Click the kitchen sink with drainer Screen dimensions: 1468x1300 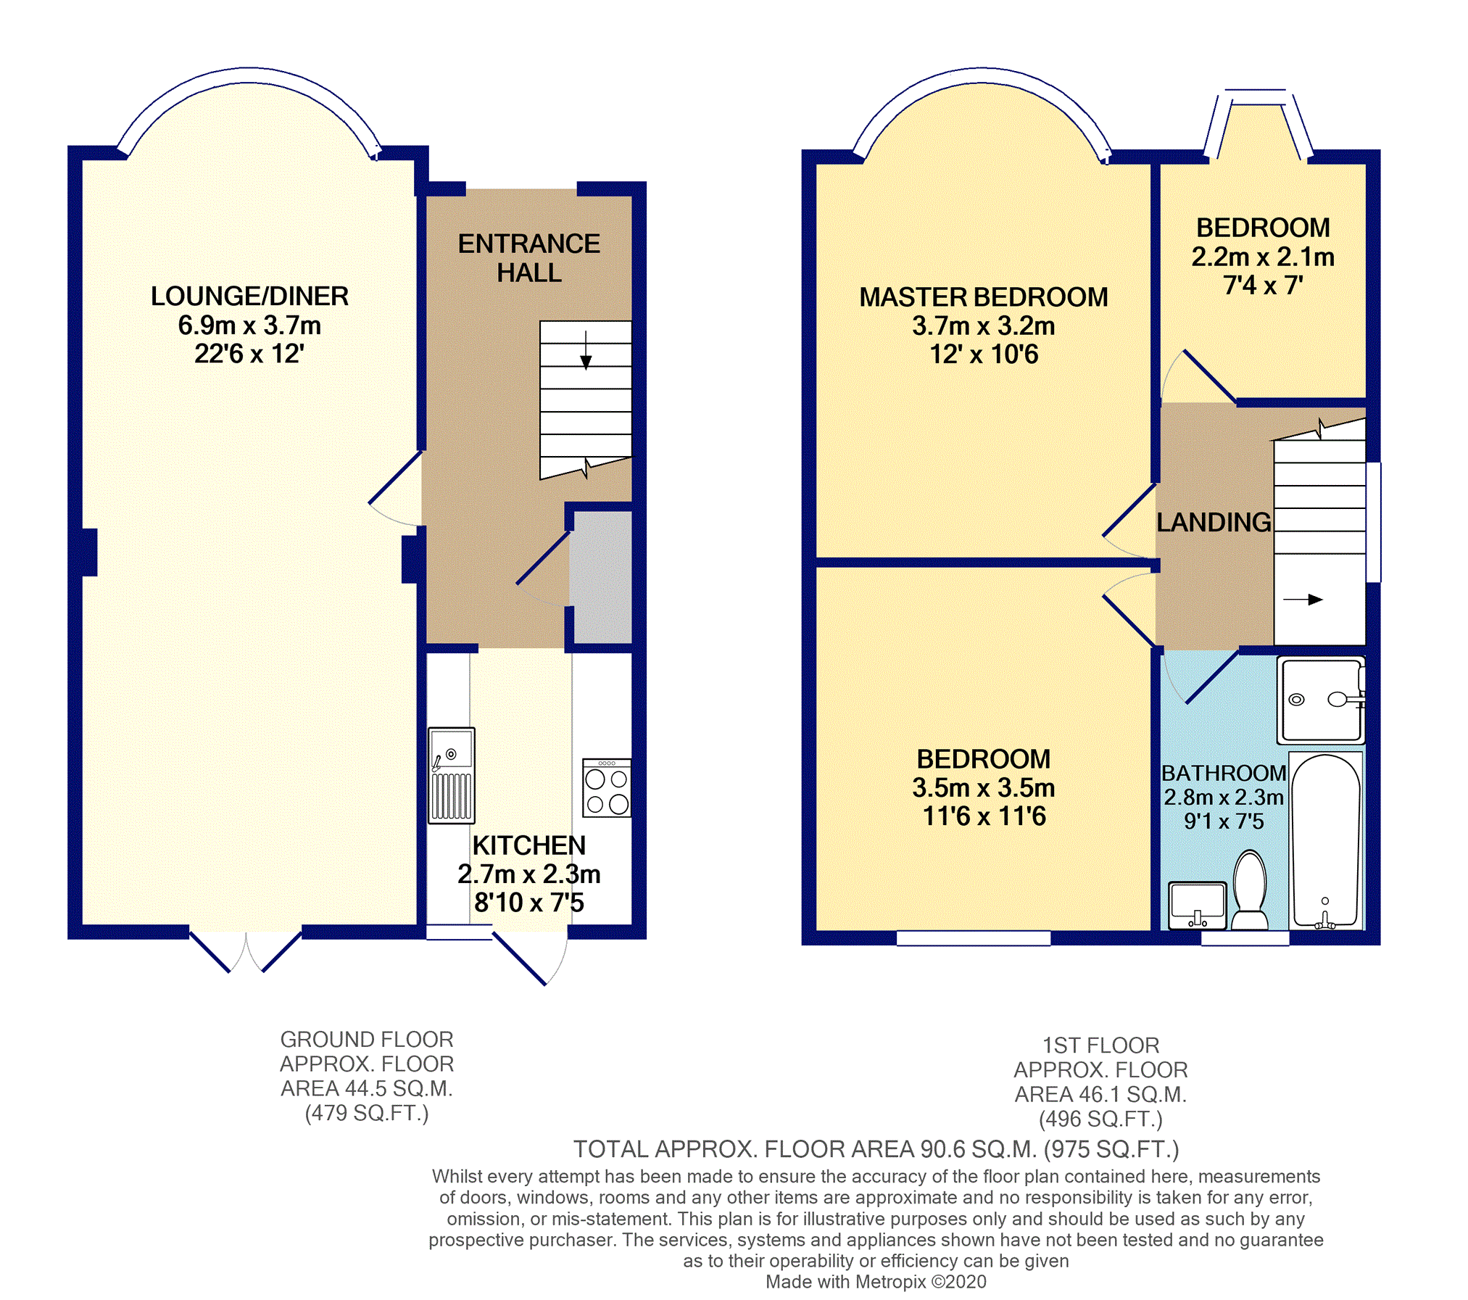point(451,775)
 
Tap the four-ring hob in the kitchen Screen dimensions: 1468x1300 point(607,788)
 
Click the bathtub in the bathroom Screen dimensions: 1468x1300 point(1325,841)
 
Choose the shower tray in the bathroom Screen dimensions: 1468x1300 point(1321,700)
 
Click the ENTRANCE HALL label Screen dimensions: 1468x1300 point(529,258)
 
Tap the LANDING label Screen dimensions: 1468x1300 point(1214,522)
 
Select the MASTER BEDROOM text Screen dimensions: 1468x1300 point(984,297)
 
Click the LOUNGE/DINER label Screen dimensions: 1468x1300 point(249,296)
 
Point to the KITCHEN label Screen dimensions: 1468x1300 point(529,845)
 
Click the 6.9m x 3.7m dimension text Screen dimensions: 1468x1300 point(249,326)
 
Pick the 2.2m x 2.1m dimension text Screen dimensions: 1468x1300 point(1263,257)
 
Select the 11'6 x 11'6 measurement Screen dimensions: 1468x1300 point(984,816)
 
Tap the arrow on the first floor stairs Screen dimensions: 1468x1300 point(1303,600)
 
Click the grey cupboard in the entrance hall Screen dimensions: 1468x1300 point(601,577)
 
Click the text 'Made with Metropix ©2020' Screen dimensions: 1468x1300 point(876,1282)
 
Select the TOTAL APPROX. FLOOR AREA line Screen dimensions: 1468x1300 point(876,1149)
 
